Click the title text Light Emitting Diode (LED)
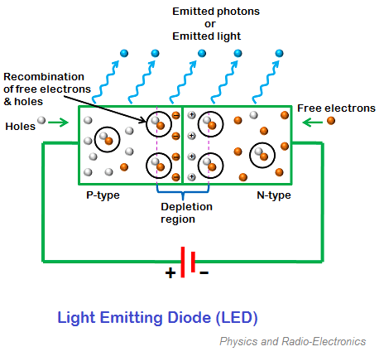tap(157, 317)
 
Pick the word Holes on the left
tap(21, 127)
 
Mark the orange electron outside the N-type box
tap(331, 121)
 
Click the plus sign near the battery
tap(170, 272)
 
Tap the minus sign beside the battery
tap(204, 272)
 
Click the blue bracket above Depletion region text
tap(181, 190)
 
